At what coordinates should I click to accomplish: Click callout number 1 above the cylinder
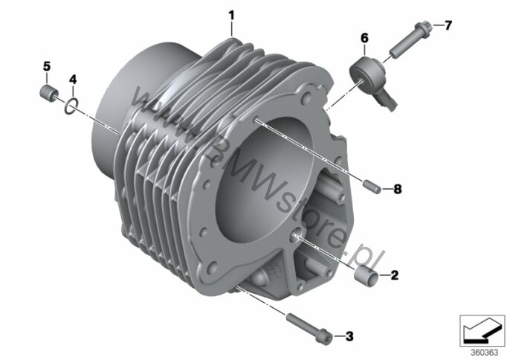point(231,16)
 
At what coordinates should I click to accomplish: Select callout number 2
point(394,275)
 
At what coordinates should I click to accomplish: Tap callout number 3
point(349,336)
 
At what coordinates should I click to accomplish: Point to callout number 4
point(73,79)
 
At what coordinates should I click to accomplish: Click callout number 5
point(47,66)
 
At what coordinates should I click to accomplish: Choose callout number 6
point(364,38)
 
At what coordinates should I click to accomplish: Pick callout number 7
point(448,25)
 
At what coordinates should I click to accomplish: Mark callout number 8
point(398,189)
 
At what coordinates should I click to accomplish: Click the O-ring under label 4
point(71,106)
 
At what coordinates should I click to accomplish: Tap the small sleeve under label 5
point(49,91)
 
